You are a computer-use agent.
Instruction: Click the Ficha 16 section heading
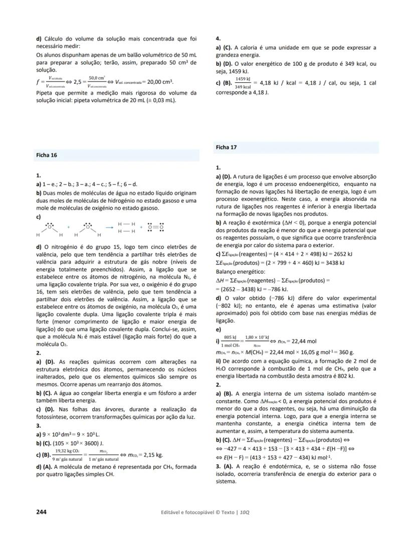pos(47,155)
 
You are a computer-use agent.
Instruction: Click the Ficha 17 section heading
pos(227,147)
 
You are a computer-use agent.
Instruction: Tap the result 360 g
pos(345,352)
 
